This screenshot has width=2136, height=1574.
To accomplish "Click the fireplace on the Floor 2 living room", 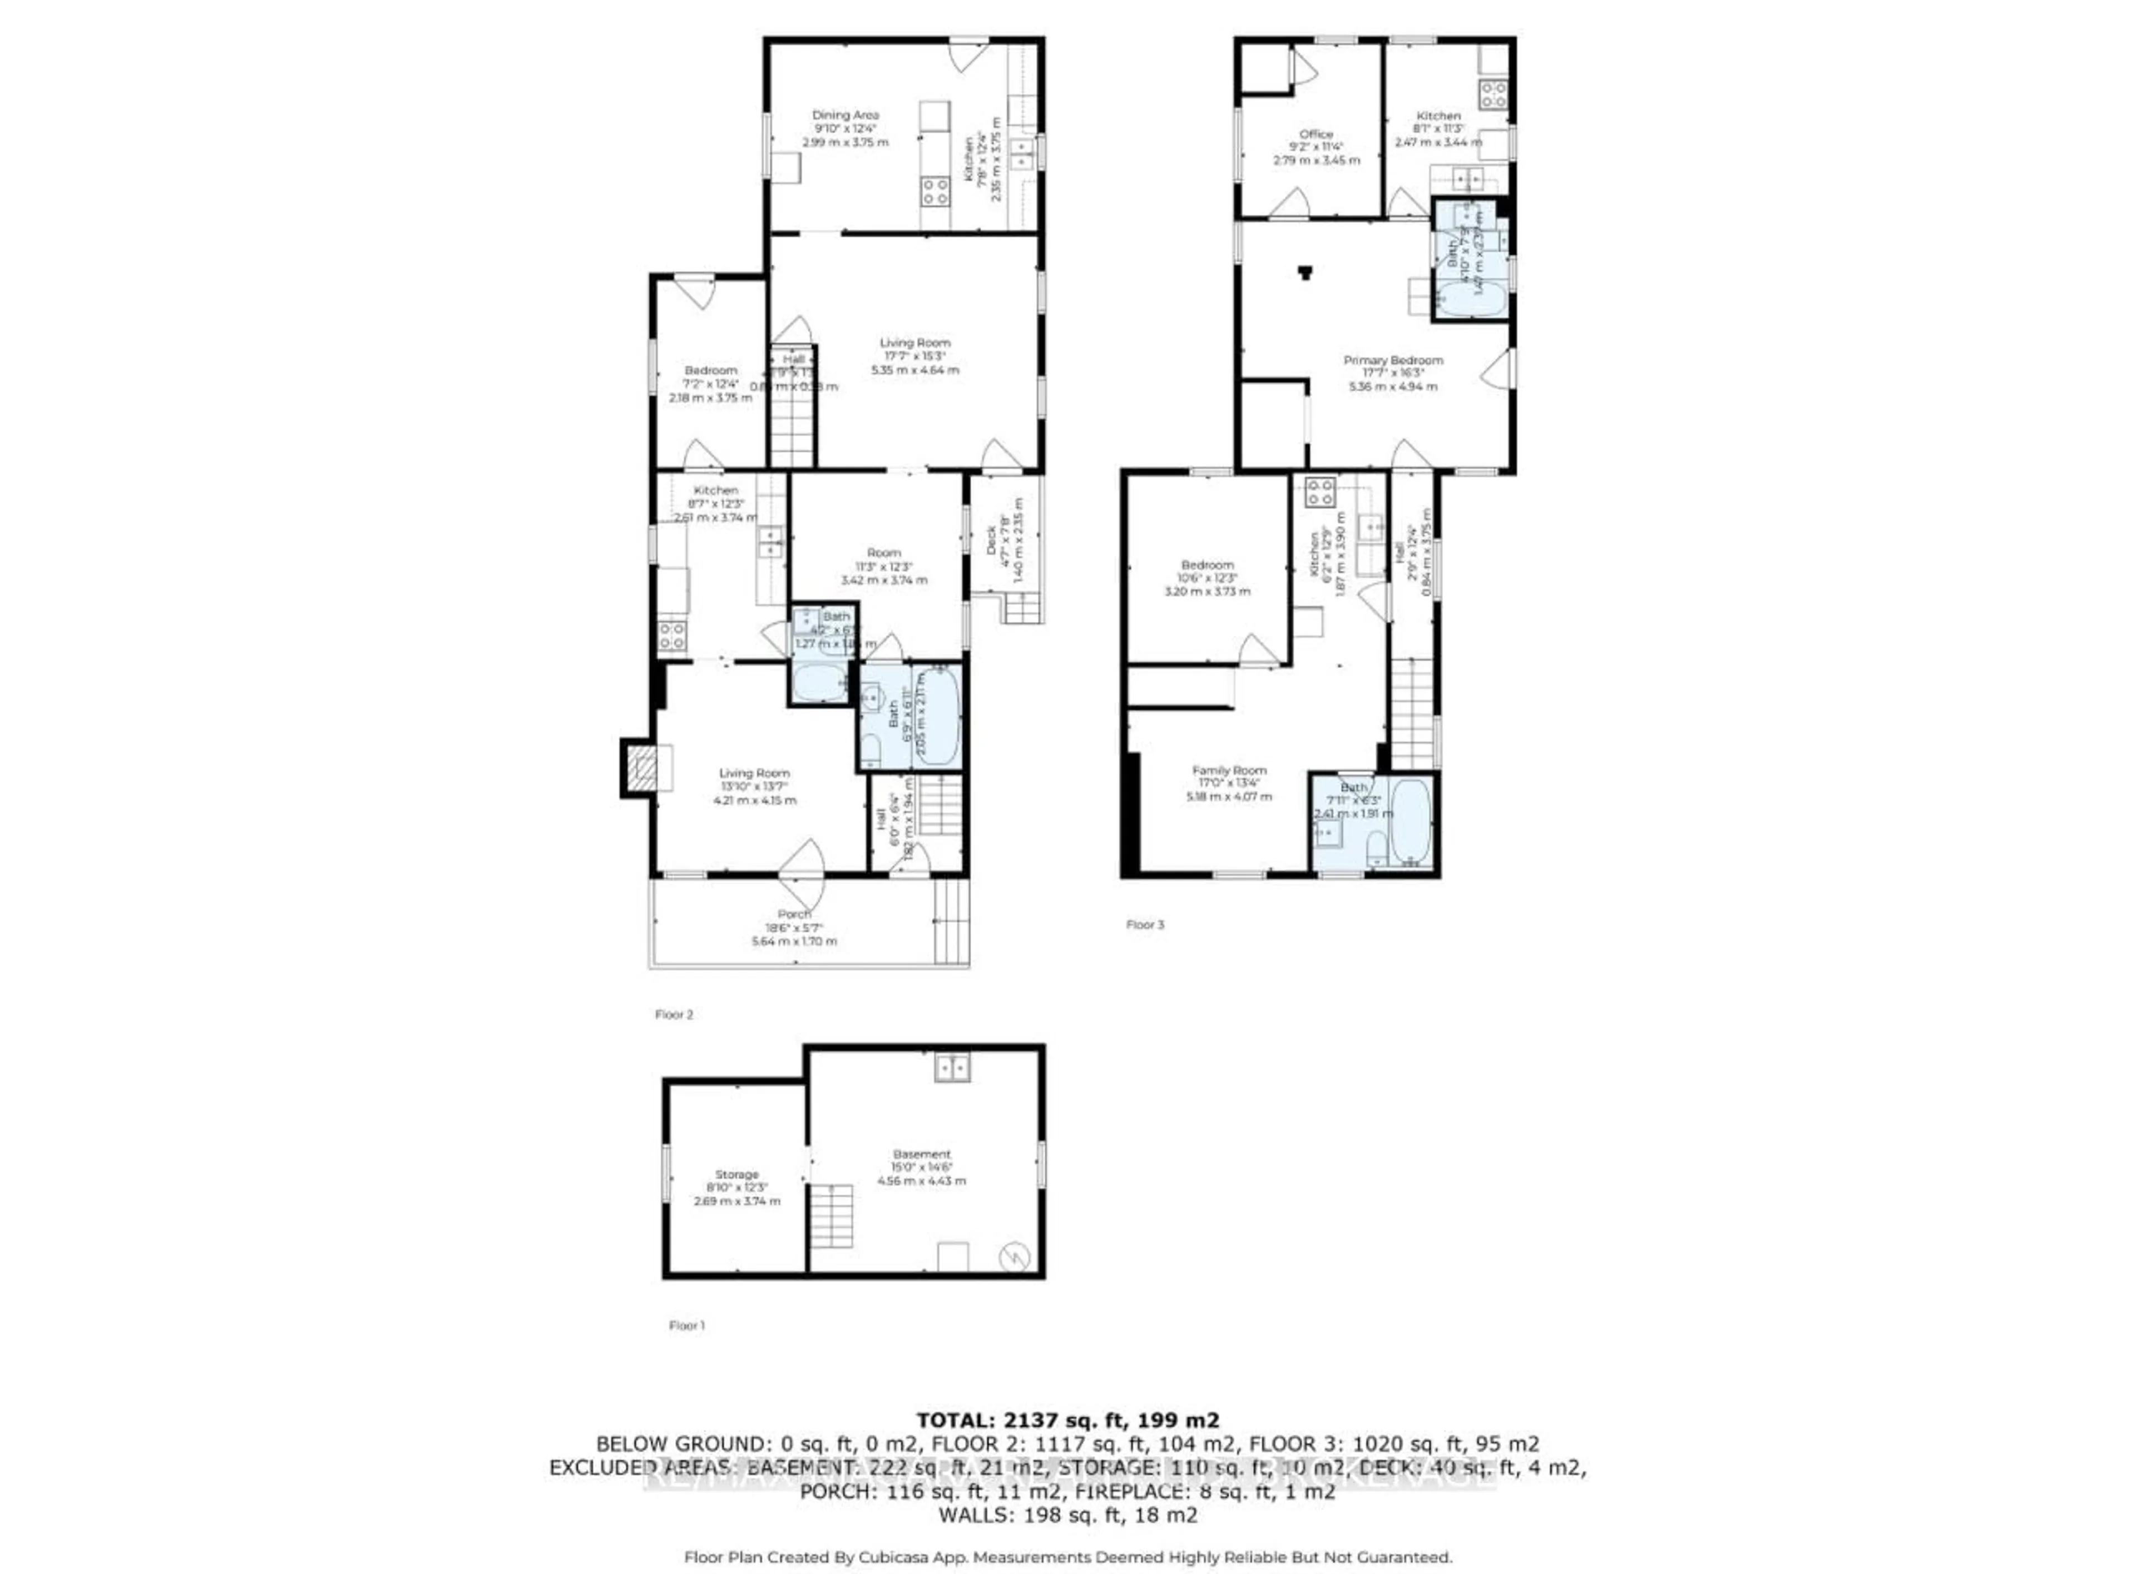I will click(x=640, y=767).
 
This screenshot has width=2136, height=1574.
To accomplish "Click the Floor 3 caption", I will click(x=1145, y=924).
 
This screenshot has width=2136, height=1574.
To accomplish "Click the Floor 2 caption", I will click(x=674, y=1015).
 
